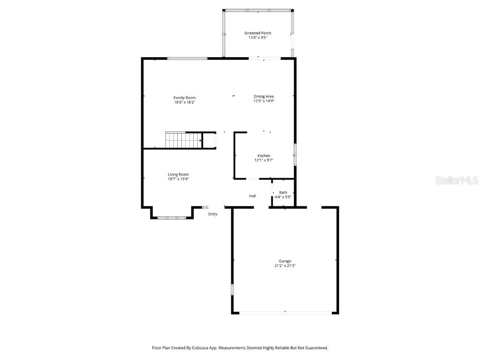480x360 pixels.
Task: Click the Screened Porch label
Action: (257, 33)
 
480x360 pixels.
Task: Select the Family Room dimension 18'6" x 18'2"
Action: (184, 102)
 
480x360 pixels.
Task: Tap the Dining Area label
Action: (263, 96)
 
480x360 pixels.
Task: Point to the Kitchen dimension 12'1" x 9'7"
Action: (263, 160)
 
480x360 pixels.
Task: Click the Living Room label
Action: (178, 174)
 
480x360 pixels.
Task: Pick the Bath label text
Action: (283, 192)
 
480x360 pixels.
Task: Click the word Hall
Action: (252, 196)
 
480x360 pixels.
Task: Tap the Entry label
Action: (213, 214)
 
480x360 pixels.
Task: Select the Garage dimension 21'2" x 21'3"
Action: (285, 266)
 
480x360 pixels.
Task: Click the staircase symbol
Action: (183, 140)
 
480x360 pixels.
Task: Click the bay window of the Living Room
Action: (172, 217)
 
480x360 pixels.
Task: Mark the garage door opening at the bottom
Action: (285, 313)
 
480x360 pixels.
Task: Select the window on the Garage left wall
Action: (232, 289)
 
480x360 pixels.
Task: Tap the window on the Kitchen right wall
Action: (295, 155)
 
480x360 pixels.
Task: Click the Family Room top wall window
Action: (187, 59)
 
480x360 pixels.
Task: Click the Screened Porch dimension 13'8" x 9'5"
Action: (257, 38)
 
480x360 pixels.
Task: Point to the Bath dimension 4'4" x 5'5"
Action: (283, 197)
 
